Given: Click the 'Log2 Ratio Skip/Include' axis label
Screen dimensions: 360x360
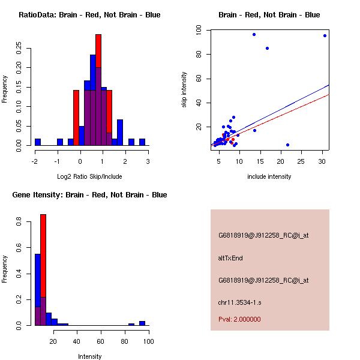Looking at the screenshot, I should [x=89, y=176].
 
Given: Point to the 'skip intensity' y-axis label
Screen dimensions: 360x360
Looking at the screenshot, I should [x=184, y=90].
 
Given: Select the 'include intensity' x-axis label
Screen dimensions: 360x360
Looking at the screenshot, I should [x=269, y=176].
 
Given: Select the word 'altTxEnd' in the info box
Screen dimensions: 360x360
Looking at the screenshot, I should [x=230, y=258].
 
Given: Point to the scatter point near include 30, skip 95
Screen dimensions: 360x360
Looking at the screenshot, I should [x=325, y=35].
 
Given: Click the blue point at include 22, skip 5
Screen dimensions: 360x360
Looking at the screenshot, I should [x=288, y=145].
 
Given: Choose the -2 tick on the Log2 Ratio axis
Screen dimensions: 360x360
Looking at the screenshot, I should [x=35, y=161].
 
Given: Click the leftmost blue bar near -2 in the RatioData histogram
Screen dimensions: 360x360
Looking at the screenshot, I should [x=38, y=142].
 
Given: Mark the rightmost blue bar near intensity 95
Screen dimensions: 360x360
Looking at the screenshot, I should [x=142, y=323].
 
